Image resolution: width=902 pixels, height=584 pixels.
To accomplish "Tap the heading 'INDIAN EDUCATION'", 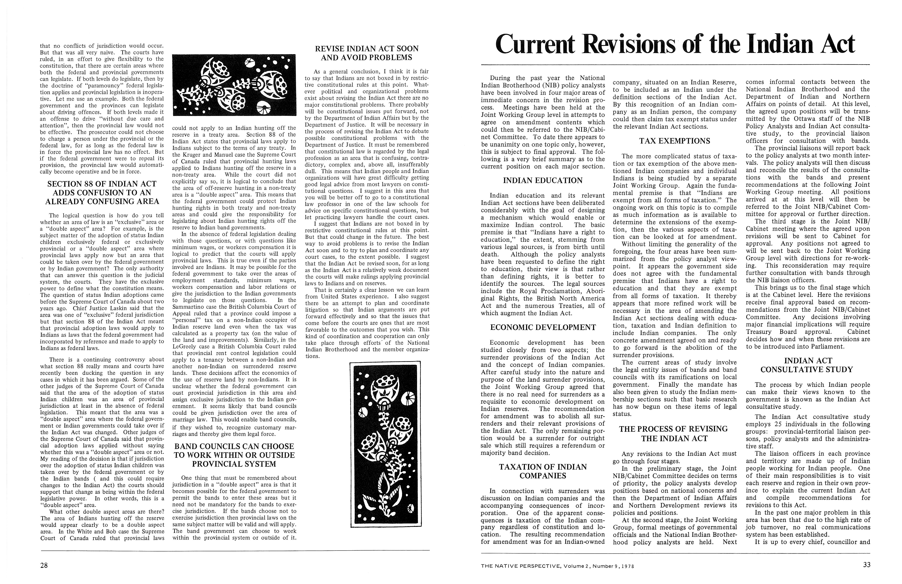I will tap(543, 181).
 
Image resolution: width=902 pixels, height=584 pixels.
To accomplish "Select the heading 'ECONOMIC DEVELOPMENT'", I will tap(543, 327).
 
